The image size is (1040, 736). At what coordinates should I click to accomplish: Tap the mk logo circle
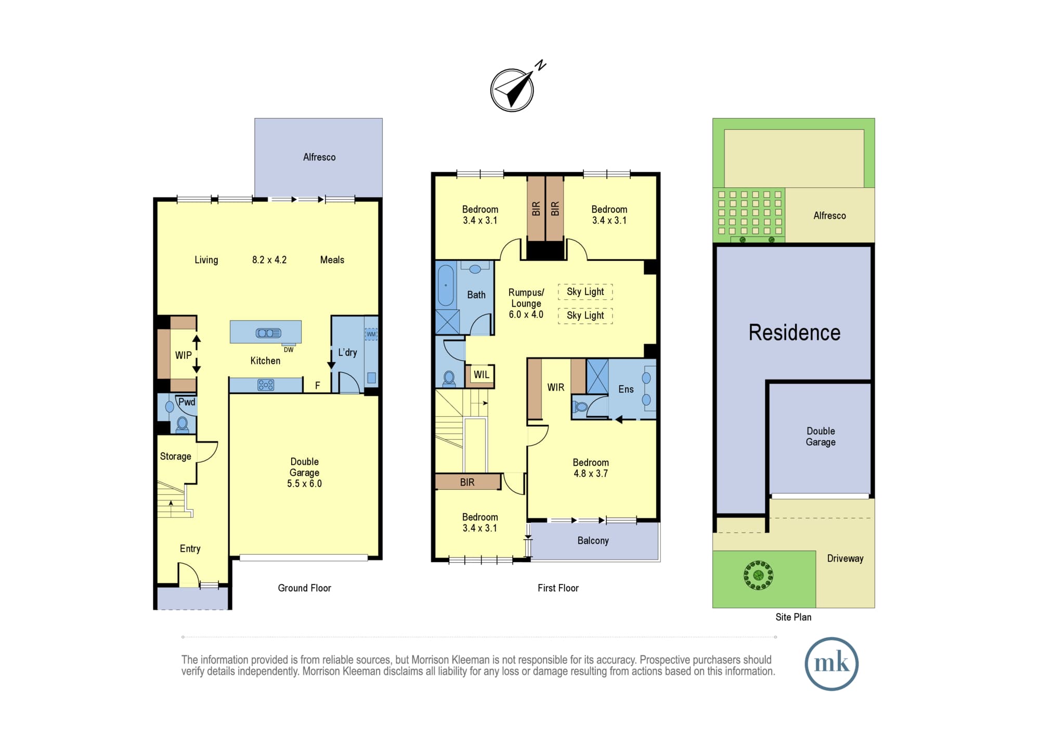831,664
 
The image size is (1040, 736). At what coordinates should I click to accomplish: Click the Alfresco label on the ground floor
319,157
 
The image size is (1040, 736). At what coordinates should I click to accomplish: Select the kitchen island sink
268,333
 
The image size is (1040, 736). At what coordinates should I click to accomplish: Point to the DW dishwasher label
289,350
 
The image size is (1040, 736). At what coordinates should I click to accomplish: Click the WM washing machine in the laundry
371,334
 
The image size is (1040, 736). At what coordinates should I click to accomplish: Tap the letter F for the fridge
318,386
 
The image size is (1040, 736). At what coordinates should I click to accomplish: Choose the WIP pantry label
183,356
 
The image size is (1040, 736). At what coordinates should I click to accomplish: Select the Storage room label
176,456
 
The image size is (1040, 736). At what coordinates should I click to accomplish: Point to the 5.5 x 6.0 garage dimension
304,484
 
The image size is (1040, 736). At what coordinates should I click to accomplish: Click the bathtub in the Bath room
446,285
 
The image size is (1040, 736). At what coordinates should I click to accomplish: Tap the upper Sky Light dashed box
586,291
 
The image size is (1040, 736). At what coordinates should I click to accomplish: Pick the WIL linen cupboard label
482,375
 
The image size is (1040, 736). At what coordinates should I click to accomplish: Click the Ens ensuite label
626,389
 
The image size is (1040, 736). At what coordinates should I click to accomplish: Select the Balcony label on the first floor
593,541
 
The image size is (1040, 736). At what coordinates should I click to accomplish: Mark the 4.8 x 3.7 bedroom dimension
591,474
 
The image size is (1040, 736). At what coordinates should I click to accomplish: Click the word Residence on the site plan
794,333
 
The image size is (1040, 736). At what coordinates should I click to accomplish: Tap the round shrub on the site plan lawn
758,575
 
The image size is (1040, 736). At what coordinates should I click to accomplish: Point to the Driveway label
845,559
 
